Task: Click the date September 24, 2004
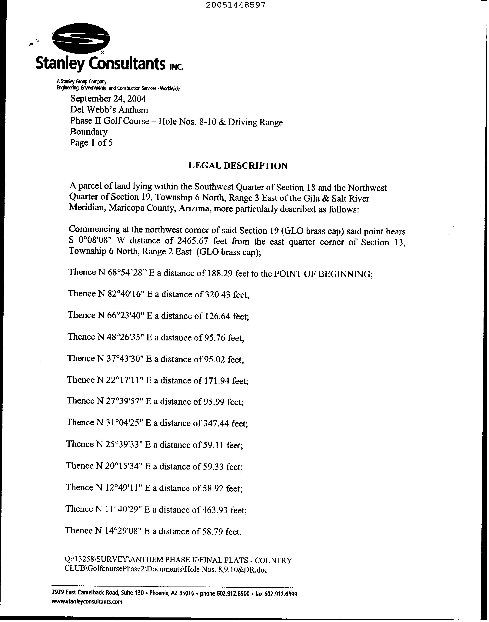point(108,99)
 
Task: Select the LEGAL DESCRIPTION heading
point(238,166)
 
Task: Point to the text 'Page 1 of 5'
point(91,143)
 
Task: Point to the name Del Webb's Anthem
point(109,110)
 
